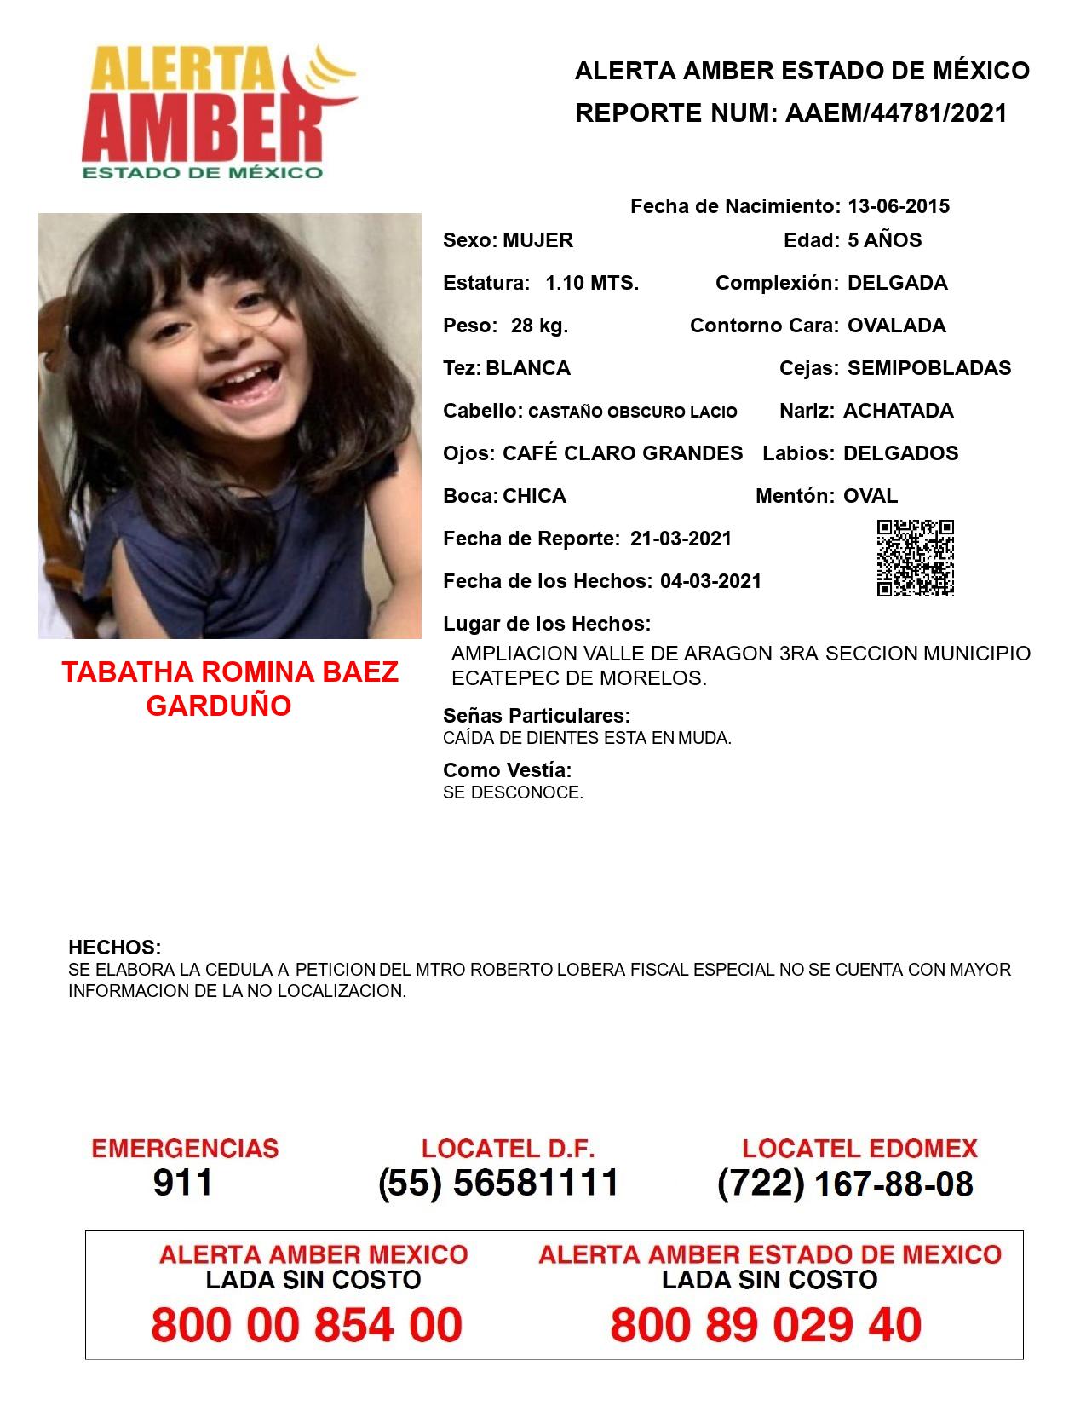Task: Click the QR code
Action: [916, 558]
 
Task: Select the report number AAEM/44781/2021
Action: [896, 113]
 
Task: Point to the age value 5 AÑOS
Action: [884, 240]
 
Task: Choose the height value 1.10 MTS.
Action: [592, 283]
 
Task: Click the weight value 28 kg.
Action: [539, 326]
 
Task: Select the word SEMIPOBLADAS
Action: [929, 368]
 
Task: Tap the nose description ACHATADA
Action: [898, 411]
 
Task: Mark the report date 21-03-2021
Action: [681, 539]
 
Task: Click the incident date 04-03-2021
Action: [710, 581]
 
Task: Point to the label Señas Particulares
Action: [537, 716]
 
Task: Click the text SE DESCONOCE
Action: [513, 792]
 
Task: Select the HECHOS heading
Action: [114, 948]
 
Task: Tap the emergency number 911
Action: [182, 1183]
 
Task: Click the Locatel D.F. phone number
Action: [498, 1183]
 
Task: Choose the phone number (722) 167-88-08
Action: [845, 1184]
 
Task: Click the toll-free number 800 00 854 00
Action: [307, 1325]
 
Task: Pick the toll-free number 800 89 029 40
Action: [766, 1325]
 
